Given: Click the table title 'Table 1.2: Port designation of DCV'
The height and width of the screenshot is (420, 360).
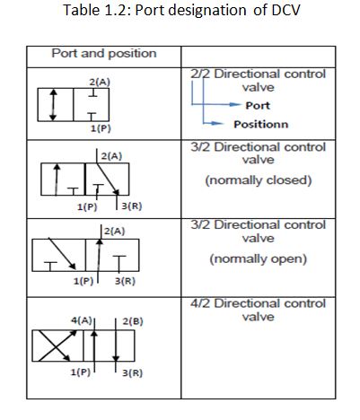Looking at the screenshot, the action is click(181, 11).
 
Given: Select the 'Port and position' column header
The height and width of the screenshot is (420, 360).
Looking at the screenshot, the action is click(104, 54).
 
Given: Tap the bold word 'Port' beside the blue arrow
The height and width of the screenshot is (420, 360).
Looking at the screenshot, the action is click(258, 106).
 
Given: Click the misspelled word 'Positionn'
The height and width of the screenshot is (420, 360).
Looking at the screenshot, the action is click(261, 125).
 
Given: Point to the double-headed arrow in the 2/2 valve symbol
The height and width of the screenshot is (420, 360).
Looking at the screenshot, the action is click(53, 105).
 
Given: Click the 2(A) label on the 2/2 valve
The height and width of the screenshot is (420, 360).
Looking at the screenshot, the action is click(100, 82).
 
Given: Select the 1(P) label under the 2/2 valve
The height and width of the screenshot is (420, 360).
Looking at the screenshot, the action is click(101, 128).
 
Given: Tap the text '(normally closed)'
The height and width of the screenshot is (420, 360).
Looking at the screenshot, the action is click(259, 180).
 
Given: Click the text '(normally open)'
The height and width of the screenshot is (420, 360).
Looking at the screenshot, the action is click(259, 259).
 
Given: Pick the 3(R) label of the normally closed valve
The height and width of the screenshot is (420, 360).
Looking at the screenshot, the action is click(132, 206).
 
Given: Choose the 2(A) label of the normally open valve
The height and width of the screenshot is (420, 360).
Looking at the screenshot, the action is click(115, 232).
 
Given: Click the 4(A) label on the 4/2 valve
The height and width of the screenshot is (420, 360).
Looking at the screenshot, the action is click(82, 320).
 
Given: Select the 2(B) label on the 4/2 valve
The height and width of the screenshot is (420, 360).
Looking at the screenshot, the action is click(133, 321).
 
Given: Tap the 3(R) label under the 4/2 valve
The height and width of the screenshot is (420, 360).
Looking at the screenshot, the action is click(132, 373).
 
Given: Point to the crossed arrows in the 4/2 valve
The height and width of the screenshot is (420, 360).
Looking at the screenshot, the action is click(55, 346).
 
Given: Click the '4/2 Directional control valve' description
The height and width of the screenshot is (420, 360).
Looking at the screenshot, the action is click(258, 311).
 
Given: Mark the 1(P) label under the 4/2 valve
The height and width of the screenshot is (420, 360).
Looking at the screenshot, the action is click(80, 372).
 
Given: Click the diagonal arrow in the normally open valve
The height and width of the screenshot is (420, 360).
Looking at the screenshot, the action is click(62, 254).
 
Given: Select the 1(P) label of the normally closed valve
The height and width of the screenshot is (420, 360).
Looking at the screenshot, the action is click(87, 206).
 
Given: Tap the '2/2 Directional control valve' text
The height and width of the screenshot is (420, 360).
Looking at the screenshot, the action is click(258, 81).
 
